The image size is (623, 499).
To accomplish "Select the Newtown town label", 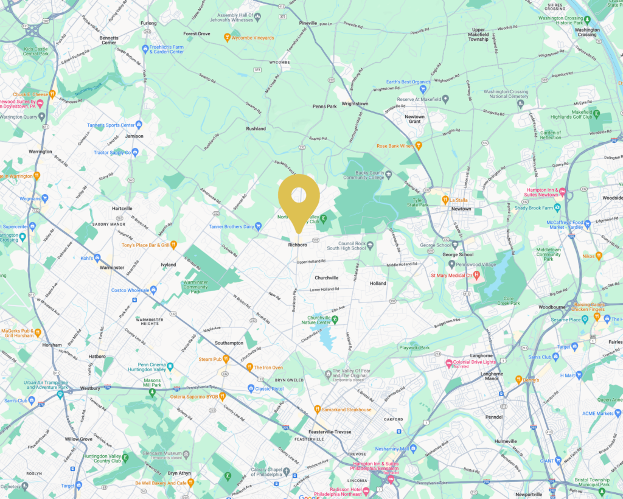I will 461,209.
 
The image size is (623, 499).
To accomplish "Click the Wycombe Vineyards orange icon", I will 227,38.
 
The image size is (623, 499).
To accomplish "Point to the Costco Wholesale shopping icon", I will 153,290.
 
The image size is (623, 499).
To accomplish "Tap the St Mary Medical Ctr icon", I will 477,276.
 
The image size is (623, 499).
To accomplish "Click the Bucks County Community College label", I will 364,174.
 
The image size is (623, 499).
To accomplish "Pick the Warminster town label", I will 111,267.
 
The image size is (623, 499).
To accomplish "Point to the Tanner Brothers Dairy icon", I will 258,226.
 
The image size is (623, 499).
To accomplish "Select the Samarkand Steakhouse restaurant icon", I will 317,410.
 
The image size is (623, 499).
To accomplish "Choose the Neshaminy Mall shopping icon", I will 413,448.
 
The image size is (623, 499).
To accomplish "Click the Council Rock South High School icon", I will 370,245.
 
